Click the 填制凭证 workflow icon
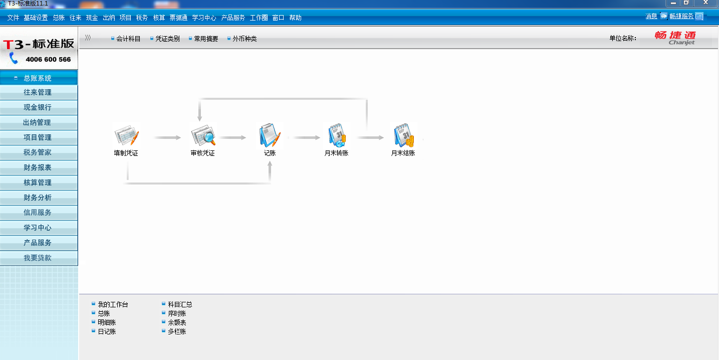126,135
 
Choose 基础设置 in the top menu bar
36,18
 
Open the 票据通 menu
178,18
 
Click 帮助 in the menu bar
295,18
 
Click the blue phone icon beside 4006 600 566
14,58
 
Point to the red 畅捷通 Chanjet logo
675,38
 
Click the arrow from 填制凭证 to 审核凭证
167,137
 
